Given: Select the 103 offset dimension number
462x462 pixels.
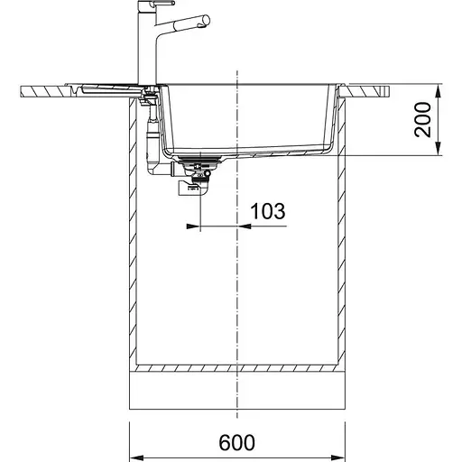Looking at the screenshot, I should (x=267, y=211).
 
